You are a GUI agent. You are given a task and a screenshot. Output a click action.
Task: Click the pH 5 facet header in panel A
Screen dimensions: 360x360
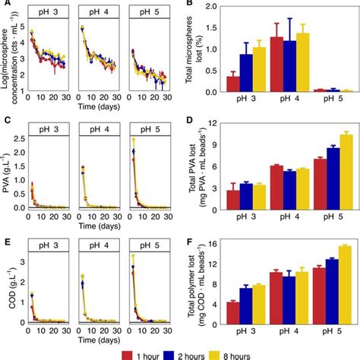pyautogui.click(x=145, y=13)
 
